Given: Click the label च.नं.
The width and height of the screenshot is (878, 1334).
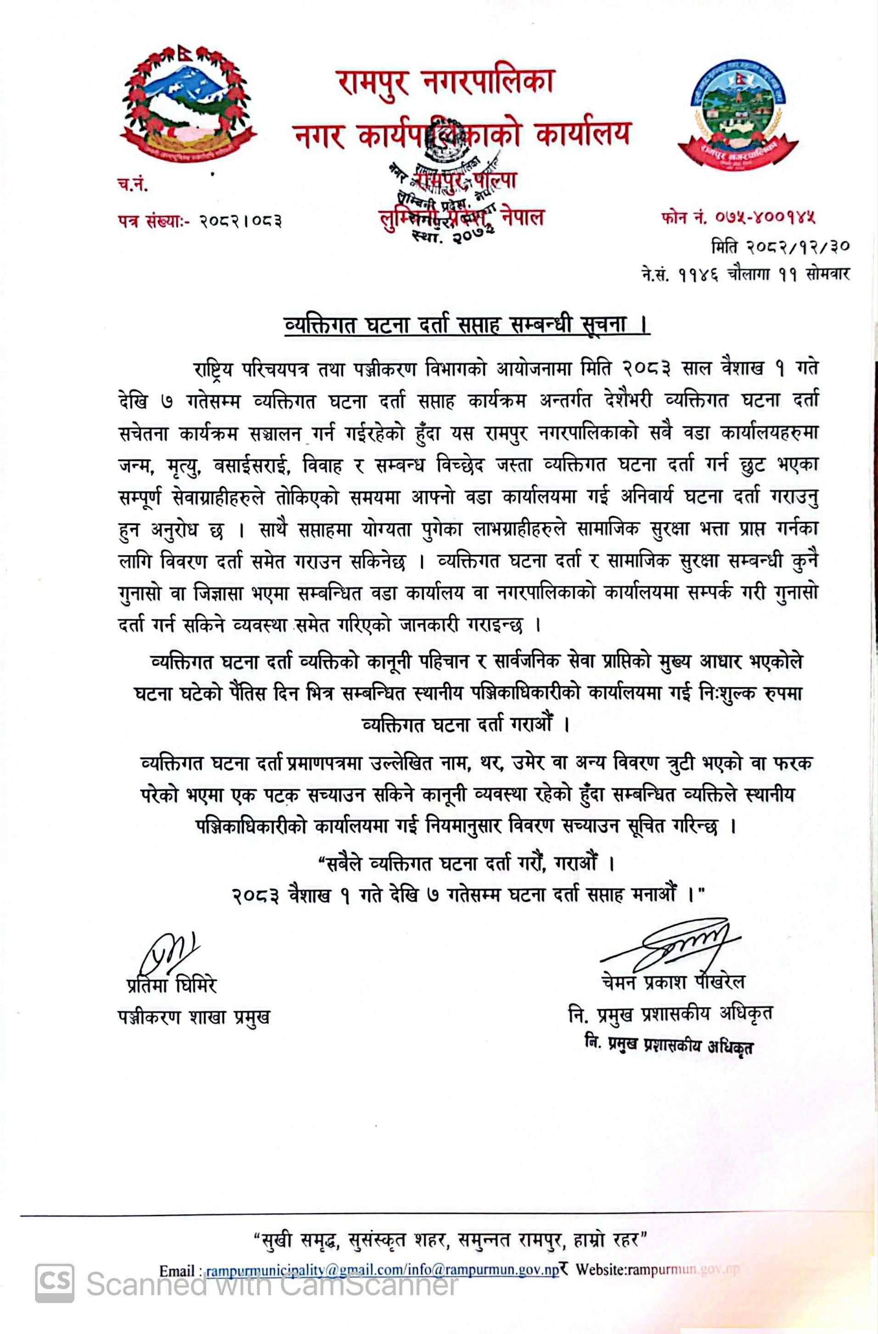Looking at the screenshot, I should [133, 185].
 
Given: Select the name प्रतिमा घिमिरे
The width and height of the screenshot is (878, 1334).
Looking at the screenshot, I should [171, 985].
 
